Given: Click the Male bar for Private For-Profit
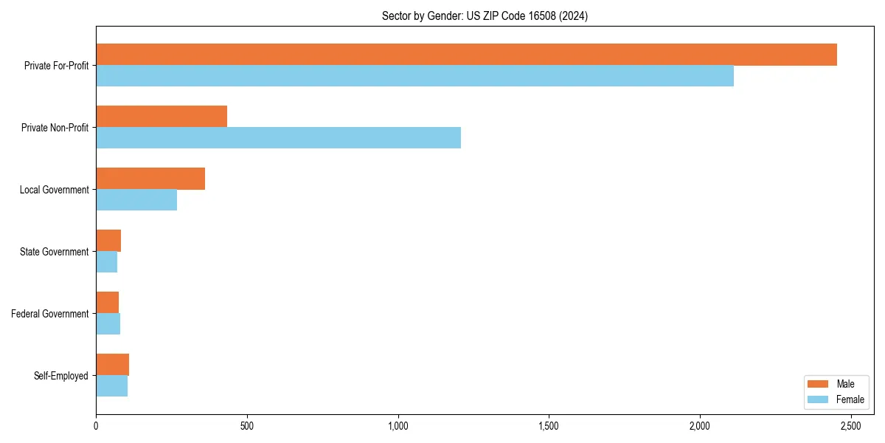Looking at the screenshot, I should [x=466, y=55].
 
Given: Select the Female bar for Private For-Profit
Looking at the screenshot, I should [x=414, y=76].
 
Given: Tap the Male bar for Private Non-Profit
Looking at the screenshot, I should [x=162, y=117].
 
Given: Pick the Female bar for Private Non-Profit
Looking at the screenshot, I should [x=278, y=138].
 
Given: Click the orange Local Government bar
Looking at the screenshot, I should [x=150, y=179].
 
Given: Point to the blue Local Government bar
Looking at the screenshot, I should [x=136, y=200].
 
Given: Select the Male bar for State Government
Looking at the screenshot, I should [x=108, y=241].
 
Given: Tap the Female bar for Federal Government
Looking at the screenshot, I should [x=108, y=324].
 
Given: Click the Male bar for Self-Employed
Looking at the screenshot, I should [x=112, y=365].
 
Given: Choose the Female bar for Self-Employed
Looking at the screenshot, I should [x=111, y=386].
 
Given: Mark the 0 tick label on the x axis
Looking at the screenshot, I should [x=96, y=427].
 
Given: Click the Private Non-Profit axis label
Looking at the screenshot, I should [x=55, y=128].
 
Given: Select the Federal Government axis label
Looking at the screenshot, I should [x=50, y=314].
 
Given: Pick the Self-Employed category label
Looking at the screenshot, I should [x=61, y=376].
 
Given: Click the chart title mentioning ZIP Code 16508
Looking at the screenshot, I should [x=485, y=16].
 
